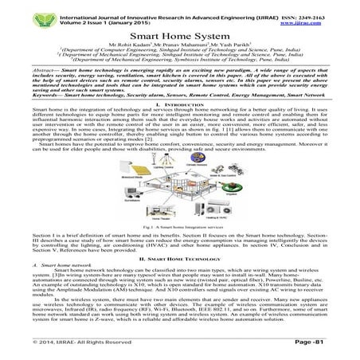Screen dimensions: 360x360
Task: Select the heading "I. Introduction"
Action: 179,106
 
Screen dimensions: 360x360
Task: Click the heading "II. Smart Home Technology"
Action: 179,259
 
